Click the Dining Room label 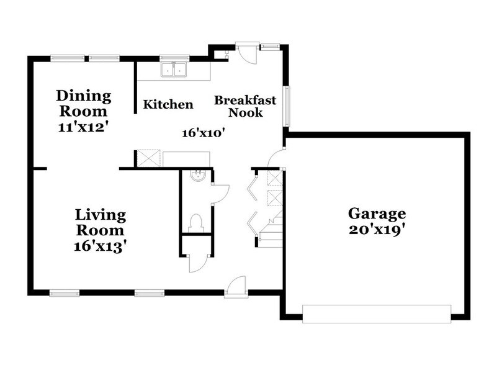(84, 104)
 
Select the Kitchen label (168, 104)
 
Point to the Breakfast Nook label (246, 106)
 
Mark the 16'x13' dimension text (101, 245)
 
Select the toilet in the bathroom (196, 222)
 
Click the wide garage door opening (377, 313)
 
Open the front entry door (236, 287)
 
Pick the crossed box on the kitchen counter (148, 158)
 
